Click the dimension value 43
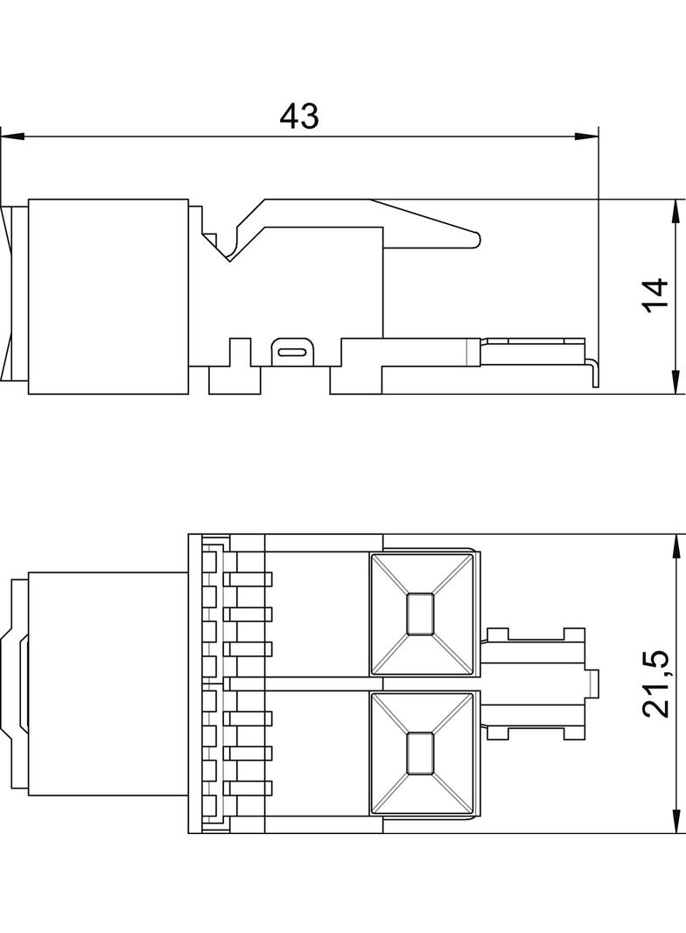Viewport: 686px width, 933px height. click(x=299, y=116)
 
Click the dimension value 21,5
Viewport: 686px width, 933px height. click(x=656, y=684)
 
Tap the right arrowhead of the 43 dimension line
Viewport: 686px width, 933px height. click(x=587, y=137)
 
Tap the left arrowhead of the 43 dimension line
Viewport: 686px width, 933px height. click(x=10, y=137)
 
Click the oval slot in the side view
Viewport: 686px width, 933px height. click(x=291, y=352)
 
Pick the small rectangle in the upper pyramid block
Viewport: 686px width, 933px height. click(x=421, y=613)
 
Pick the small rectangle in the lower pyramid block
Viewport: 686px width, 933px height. click(x=421, y=752)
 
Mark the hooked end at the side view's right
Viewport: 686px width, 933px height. click(x=594, y=371)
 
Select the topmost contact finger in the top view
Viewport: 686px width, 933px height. click(x=249, y=579)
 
